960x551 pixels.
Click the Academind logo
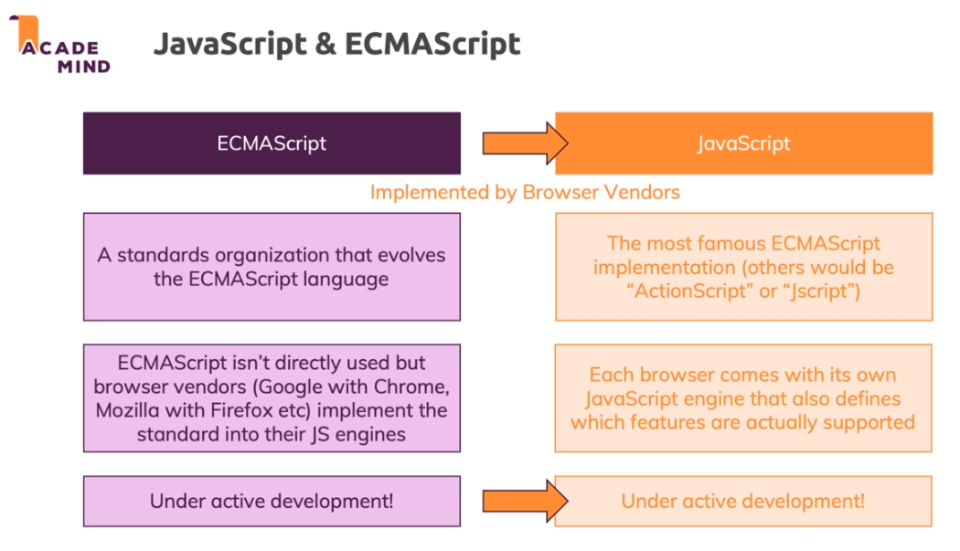point(60,46)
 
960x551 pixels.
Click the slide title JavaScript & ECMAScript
point(336,44)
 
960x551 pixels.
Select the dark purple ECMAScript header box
point(272,143)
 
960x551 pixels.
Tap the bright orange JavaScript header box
point(743,143)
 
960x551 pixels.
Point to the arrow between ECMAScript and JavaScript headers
point(526,143)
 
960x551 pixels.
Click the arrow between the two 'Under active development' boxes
point(526,501)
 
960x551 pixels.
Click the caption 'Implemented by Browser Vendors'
point(525,192)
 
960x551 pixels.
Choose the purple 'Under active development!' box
point(272,501)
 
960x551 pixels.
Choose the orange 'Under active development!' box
point(743,501)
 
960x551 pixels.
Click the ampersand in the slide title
point(326,44)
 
